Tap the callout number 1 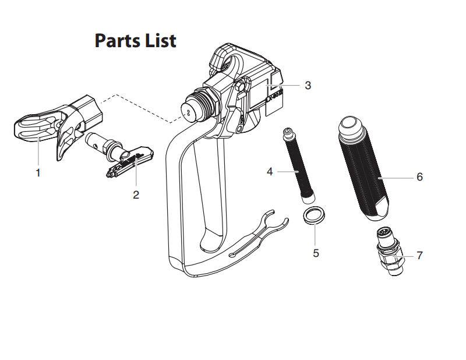38,173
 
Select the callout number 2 136,195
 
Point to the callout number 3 308,85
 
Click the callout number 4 270,171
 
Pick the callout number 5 316,253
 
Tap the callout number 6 419,177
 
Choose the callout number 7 419,255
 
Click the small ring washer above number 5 314,214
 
